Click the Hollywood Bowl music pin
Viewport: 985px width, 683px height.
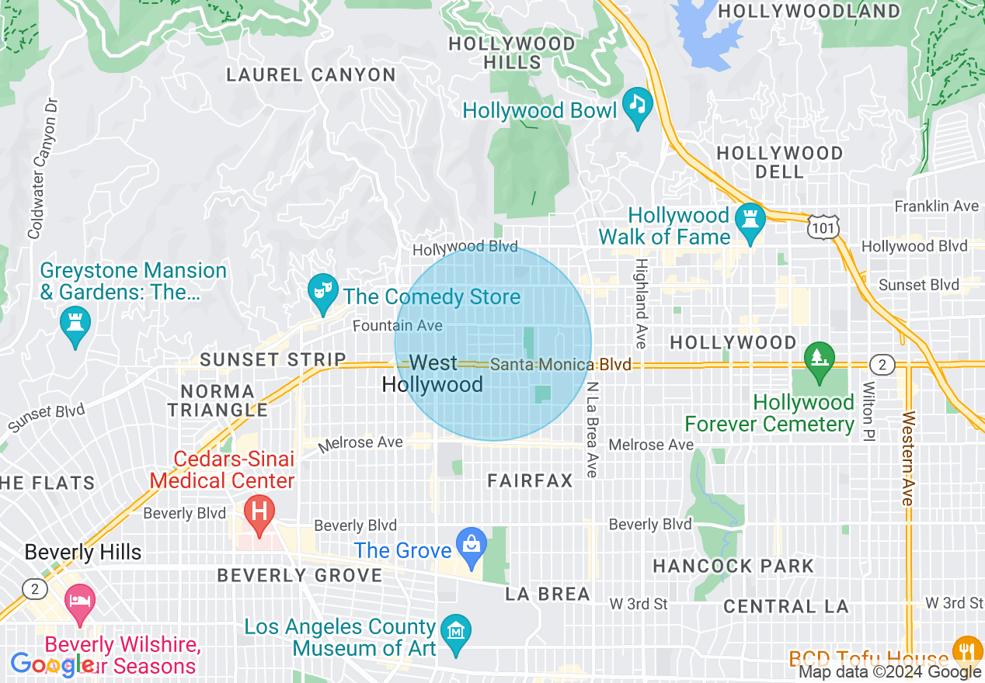pyautogui.click(x=638, y=106)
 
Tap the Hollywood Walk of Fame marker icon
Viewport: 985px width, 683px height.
pyautogui.click(x=750, y=221)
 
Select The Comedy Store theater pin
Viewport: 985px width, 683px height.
pyautogui.click(x=322, y=292)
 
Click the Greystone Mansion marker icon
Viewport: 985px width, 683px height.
pyautogui.click(x=75, y=326)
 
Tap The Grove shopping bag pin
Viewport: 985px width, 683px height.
pyautogui.click(x=471, y=546)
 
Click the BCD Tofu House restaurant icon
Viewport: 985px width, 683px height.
pyautogui.click(x=966, y=650)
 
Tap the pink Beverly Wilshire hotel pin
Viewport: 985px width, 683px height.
pyautogui.click(x=79, y=603)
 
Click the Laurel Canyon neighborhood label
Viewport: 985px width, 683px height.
pyautogui.click(x=311, y=75)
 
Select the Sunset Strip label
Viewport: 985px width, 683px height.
pyautogui.click(x=273, y=359)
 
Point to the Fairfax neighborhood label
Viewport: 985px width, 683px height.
pyautogui.click(x=531, y=481)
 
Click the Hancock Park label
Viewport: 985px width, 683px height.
pyautogui.click(x=733, y=566)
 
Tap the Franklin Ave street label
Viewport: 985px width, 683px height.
pyautogui.click(x=936, y=206)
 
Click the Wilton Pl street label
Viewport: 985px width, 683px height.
pyautogui.click(x=868, y=411)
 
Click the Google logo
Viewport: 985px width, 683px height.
pyautogui.click(x=52, y=664)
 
